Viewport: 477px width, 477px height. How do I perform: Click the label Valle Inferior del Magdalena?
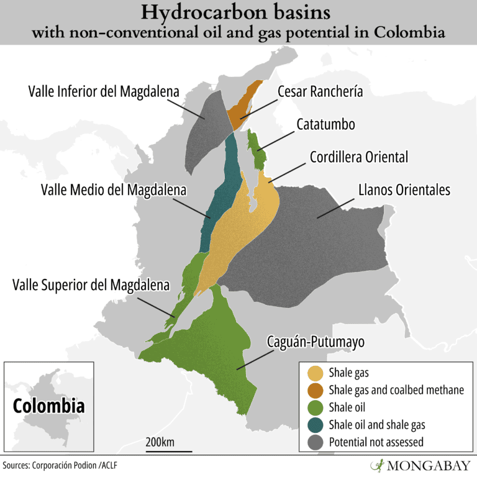(104, 91)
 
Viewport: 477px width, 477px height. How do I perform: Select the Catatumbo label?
(325, 124)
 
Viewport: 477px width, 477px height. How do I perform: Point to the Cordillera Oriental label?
(359, 157)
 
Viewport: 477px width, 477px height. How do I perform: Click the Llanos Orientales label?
(404, 189)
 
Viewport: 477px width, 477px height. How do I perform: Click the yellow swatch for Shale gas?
(316, 373)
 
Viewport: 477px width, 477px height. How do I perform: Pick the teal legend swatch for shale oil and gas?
(316, 425)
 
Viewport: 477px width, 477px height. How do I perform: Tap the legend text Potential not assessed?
(376, 442)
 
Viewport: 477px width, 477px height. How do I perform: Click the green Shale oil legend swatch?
(316, 407)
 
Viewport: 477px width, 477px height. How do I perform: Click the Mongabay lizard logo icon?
(376, 465)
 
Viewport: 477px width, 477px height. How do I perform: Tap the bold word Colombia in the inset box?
(49, 406)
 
